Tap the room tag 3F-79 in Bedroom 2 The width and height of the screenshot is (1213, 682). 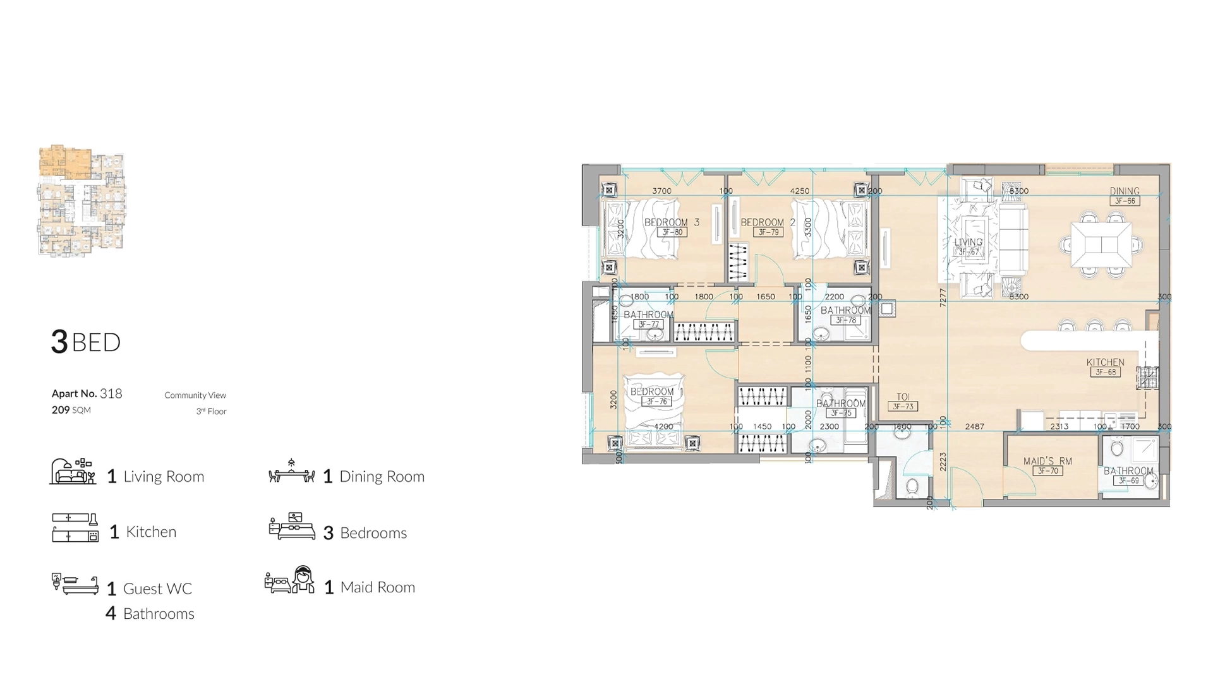tap(768, 232)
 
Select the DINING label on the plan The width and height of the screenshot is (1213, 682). tap(1125, 191)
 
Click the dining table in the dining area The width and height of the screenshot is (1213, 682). tap(1101, 244)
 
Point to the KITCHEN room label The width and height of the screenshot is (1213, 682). tap(1105, 362)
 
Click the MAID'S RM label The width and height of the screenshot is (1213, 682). tap(1047, 461)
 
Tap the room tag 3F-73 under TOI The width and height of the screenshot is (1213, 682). tap(903, 407)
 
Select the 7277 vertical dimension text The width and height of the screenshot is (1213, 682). tap(943, 298)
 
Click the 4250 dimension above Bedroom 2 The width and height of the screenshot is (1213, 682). tap(799, 191)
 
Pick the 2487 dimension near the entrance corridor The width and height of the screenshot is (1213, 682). tap(974, 426)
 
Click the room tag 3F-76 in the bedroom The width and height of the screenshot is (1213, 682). tap(656, 402)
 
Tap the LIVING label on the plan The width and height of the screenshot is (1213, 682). tap(968, 242)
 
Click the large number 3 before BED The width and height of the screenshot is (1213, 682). tap(59, 342)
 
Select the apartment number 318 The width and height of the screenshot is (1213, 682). tap(111, 393)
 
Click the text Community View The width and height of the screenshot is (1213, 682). tap(195, 395)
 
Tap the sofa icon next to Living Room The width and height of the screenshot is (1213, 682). tap(73, 472)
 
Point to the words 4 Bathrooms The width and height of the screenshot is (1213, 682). tap(150, 613)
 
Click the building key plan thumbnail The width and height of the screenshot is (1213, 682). tap(81, 201)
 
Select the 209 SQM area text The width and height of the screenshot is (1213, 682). tap(71, 410)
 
